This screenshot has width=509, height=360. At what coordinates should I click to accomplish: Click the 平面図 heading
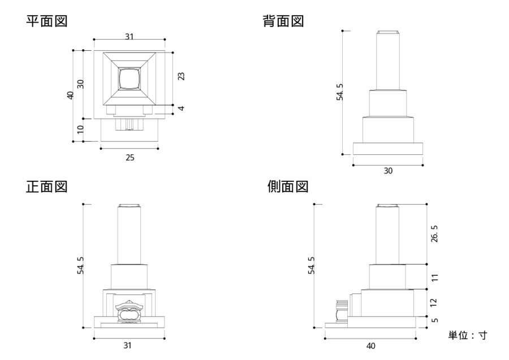(47, 21)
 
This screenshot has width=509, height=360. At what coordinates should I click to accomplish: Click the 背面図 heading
(283, 21)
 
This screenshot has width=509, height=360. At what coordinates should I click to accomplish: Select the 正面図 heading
(47, 186)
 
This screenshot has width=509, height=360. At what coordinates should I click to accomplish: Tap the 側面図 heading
(288, 186)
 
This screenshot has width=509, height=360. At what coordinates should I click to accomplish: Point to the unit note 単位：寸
(468, 335)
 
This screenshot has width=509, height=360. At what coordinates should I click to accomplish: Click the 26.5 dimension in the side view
(435, 233)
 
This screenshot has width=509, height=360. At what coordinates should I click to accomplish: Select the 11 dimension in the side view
(435, 277)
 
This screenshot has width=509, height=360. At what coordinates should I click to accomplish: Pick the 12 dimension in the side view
(435, 303)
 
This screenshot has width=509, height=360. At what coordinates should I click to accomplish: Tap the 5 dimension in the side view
(435, 320)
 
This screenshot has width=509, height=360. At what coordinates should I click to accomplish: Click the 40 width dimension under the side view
(370, 345)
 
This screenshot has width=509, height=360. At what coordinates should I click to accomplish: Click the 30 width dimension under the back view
(388, 171)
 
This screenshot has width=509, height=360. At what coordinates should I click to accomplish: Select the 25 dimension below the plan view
(130, 157)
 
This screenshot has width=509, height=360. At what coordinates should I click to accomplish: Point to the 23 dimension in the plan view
(181, 76)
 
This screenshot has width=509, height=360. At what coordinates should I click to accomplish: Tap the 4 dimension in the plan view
(181, 109)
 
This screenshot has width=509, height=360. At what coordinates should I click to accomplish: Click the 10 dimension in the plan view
(81, 129)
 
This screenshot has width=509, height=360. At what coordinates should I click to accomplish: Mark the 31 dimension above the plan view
(130, 36)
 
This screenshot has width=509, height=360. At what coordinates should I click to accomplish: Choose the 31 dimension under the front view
(128, 345)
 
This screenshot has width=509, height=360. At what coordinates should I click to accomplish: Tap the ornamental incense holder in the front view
(129, 310)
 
